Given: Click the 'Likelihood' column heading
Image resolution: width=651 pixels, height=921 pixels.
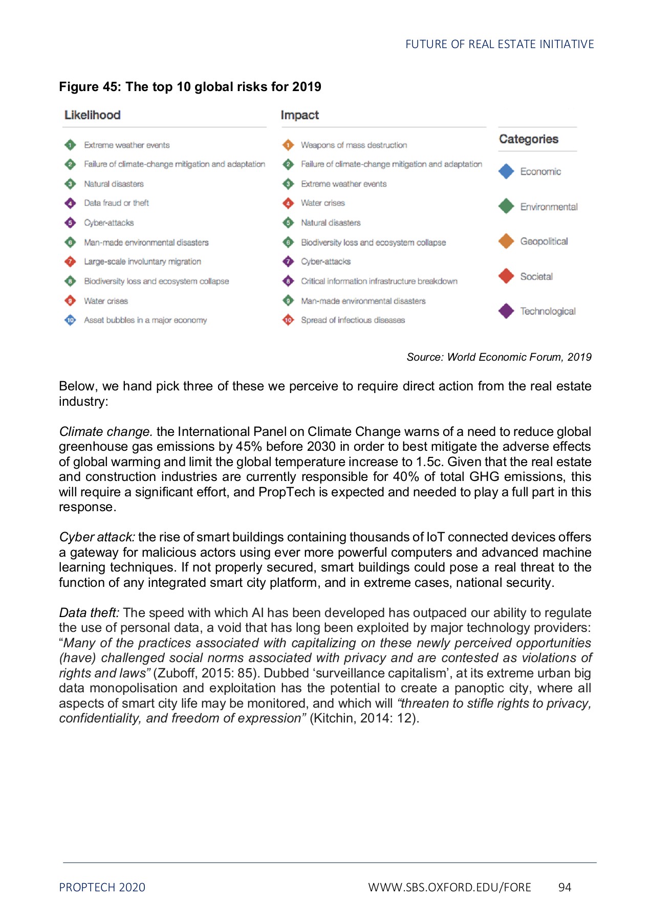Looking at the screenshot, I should (x=92, y=115).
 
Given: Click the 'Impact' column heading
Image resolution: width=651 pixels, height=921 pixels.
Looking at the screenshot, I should (x=299, y=115).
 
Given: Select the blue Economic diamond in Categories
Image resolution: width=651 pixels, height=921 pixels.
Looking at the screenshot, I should (x=506, y=171).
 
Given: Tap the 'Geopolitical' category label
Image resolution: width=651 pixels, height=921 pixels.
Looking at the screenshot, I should (x=544, y=242).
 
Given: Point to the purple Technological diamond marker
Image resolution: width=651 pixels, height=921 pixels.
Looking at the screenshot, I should (x=506, y=311).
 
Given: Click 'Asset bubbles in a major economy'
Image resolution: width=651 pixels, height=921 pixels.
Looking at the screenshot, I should (x=145, y=320).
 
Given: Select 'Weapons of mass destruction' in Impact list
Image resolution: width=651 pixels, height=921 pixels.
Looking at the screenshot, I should (x=354, y=145).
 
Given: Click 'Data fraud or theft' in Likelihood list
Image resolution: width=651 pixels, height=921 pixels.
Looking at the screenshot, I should (x=116, y=203).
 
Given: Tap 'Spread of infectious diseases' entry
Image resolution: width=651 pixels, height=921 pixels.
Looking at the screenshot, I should (x=353, y=320).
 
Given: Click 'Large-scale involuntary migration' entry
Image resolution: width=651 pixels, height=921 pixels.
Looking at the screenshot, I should (x=142, y=261).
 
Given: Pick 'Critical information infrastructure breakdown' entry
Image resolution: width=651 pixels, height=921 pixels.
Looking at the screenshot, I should (x=379, y=281).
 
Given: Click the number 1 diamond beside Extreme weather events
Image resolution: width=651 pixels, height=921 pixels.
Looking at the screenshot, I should (x=70, y=145).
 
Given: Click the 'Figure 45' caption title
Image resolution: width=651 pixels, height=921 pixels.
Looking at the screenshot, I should (x=190, y=86).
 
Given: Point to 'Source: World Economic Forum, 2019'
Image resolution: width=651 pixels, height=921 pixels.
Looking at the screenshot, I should (x=498, y=357).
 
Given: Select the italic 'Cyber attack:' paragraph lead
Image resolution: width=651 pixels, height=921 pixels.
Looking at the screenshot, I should (x=97, y=537).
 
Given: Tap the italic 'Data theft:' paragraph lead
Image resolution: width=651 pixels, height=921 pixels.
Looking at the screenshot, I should (x=89, y=613).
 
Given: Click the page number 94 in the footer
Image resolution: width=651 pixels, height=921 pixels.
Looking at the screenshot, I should (x=565, y=887).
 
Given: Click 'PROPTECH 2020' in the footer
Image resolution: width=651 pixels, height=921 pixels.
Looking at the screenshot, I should (x=102, y=887).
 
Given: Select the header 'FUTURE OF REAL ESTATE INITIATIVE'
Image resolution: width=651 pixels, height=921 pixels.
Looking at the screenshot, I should (x=499, y=45).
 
